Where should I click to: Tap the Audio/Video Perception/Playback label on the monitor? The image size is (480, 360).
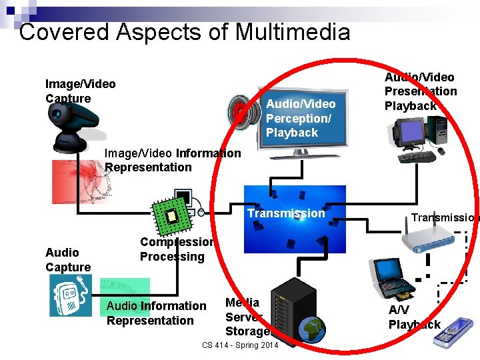point(300,118)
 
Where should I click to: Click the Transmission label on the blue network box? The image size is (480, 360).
point(286,213)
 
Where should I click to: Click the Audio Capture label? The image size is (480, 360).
point(67,260)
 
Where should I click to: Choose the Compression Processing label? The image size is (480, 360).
point(176,249)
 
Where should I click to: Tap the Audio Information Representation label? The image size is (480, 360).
point(156,313)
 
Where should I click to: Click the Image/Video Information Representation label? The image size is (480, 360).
point(172,160)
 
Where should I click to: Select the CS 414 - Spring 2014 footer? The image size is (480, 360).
point(240,345)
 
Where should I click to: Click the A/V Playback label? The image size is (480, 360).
point(414,317)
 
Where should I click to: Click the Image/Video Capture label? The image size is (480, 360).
point(80,91)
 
